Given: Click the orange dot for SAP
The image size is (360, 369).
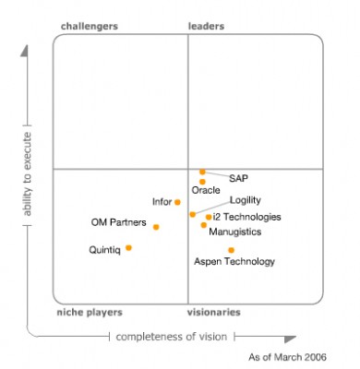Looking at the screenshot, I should click(x=202, y=172).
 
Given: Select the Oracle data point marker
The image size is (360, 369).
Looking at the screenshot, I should click(x=202, y=181).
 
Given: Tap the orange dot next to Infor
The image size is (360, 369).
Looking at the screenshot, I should click(x=177, y=202).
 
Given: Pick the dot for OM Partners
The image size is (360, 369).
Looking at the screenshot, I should click(x=156, y=226).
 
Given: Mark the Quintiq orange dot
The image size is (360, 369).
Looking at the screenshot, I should click(x=128, y=247).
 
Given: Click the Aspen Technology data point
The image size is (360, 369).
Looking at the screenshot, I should click(x=231, y=250).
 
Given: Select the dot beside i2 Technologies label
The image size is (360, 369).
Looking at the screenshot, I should click(x=208, y=217).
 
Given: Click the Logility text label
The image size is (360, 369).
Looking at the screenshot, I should click(x=245, y=200).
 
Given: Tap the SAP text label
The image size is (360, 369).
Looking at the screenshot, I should click(x=238, y=178).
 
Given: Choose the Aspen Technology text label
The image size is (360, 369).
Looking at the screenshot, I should click(x=234, y=262).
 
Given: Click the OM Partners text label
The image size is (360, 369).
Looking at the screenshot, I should click(x=118, y=222).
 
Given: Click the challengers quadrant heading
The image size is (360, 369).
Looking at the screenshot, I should click(x=89, y=27).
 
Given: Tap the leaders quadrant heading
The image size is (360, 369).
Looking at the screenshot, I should click(x=206, y=27).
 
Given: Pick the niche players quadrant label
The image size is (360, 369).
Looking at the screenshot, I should click(x=90, y=313).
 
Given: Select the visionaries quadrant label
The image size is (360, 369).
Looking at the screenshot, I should click(x=215, y=313).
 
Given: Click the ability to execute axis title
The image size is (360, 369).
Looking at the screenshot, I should click(x=28, y=178).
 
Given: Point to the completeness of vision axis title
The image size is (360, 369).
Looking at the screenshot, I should click(x=171, y=337).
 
